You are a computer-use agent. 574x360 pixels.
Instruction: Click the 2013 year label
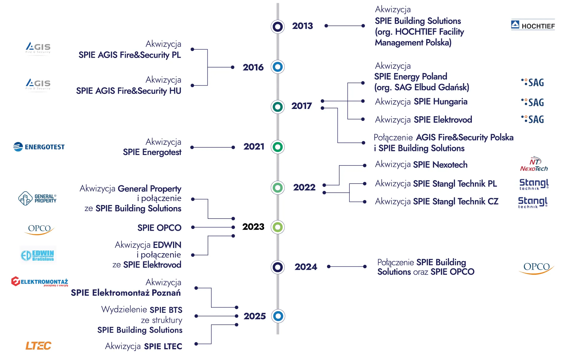[x=302, y=26]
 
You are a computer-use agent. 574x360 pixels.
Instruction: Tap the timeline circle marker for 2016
[x=278, y=67]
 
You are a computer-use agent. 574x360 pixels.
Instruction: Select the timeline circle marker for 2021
[x=278, y=147]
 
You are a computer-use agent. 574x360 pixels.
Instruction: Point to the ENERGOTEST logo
[x=39, y=147]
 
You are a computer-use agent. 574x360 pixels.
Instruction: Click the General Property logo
[x=37, y=199]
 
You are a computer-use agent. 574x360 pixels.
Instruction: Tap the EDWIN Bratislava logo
[x=38, y=255]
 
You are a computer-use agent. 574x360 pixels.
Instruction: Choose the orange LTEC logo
[x=38, y=346]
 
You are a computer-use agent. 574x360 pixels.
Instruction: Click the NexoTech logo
[x=534, y=164]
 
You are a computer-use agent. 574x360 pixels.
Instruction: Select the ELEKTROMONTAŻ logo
[x=40, y=282]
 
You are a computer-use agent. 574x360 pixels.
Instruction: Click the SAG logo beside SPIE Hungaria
[x=533, y=102]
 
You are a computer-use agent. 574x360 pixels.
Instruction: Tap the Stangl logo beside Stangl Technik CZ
[x=533, y=203]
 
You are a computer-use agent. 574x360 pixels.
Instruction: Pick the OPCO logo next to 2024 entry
[x=537, y=268]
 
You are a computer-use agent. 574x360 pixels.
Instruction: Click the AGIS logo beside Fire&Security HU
[x=38, y=84]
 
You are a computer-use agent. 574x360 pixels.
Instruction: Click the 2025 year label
[x=255, y=316]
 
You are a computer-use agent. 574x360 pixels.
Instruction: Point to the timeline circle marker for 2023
[x=278, y=227]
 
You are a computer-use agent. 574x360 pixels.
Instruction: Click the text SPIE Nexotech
[x=440, y=165]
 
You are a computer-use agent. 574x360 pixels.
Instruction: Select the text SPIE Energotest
[x=152, y=152]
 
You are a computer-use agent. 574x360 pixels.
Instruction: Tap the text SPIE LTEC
[x=163, y=346]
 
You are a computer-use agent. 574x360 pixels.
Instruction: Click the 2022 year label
[x=304, y=187]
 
